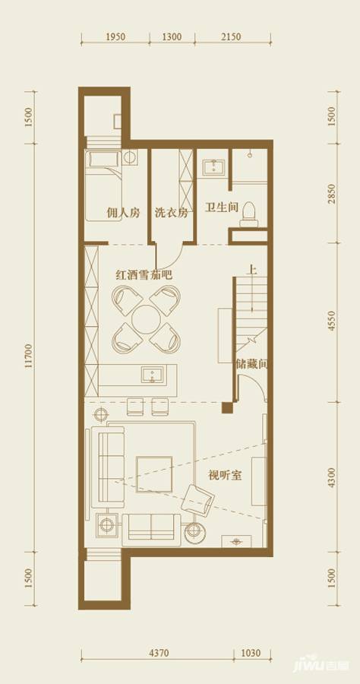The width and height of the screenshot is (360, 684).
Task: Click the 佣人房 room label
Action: click(124, 214)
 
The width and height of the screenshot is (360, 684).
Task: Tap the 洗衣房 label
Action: click(171, 214)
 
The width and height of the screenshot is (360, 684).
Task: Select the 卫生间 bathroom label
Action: click(222, 207)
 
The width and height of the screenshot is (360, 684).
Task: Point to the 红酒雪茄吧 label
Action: click(144, 274)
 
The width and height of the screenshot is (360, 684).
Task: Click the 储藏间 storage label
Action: click(251, 364)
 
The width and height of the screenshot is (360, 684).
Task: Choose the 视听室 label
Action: click(225, 477)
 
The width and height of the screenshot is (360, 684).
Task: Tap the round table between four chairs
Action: click(144, 320)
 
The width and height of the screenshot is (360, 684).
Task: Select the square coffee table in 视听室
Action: click(154, 474)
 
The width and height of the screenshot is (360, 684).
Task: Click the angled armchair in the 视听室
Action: click(199, 499)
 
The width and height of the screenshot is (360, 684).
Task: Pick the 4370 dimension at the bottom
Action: click(158, 652)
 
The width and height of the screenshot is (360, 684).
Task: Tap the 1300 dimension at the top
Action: click(172, 36)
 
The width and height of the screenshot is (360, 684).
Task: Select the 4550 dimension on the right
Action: click(332, 321)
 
